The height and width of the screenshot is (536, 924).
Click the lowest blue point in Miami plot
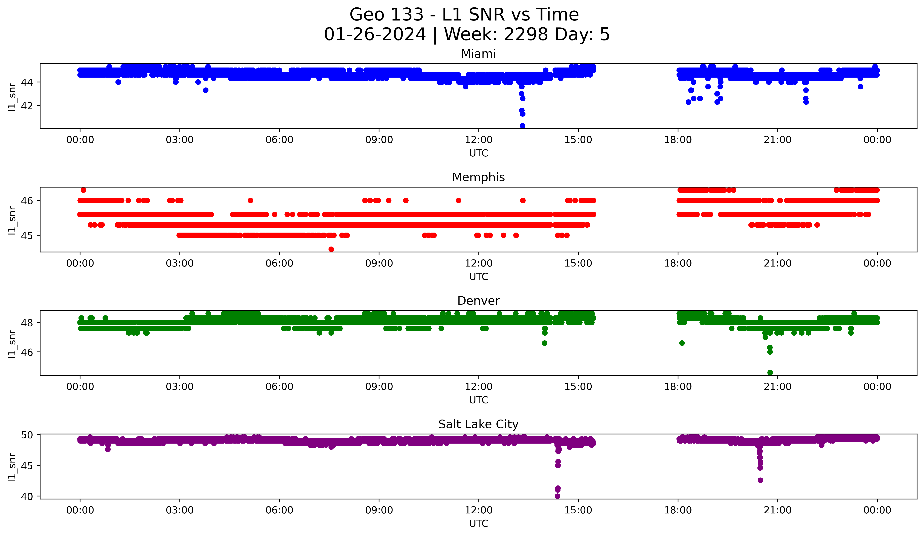[522, 126]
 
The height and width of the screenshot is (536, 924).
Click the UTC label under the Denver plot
[478, 400]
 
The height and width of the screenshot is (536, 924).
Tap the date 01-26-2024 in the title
[375, 34]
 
